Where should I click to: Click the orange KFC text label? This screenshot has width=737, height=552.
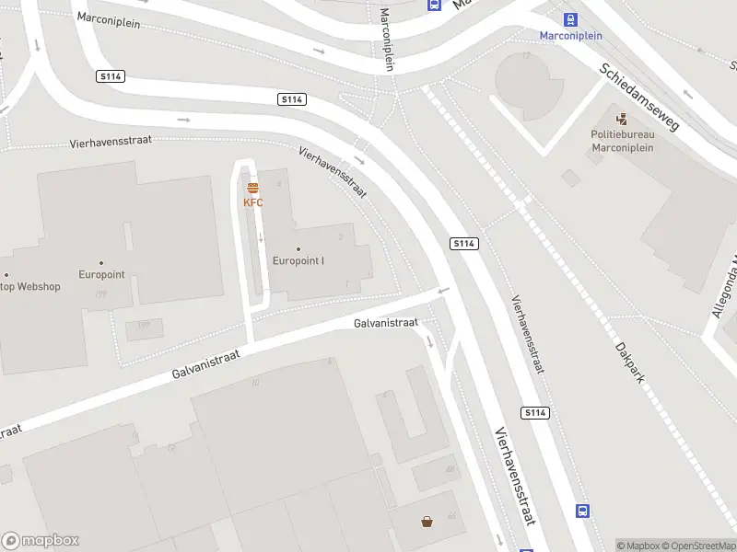(x=252, y=202)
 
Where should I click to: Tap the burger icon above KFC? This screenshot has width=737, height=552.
(x=252, y=188)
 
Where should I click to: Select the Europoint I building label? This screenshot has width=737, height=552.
(x=298, y=260)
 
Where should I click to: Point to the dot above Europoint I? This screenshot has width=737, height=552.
(x=298, y=248)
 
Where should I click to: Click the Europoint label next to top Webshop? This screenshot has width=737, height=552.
(x=101, y=275)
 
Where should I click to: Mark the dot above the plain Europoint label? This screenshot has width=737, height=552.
(x=101, y=263)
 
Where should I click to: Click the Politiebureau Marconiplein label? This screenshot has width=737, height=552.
(x=623, y=140)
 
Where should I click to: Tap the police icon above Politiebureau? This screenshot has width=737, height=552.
(x=623, y=118)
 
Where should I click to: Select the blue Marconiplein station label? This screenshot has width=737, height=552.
(x=571, y=36)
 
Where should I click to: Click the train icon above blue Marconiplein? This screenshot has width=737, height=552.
(x=571, y=19)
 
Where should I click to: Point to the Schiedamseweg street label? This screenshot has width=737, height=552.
(x=638, y=97)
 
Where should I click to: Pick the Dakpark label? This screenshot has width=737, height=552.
(x=631, y=360)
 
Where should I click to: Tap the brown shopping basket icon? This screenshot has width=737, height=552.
(x=427, y=523)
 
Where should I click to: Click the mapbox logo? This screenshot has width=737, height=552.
(x=41, y=541)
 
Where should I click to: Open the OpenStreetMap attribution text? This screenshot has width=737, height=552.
(x=701, y=546)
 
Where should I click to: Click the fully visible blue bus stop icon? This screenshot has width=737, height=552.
(x=582, y=511)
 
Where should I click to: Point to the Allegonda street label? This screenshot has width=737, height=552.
(x=723, y=286)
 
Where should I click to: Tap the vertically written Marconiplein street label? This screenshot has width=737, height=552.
(x=387, y=39)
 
